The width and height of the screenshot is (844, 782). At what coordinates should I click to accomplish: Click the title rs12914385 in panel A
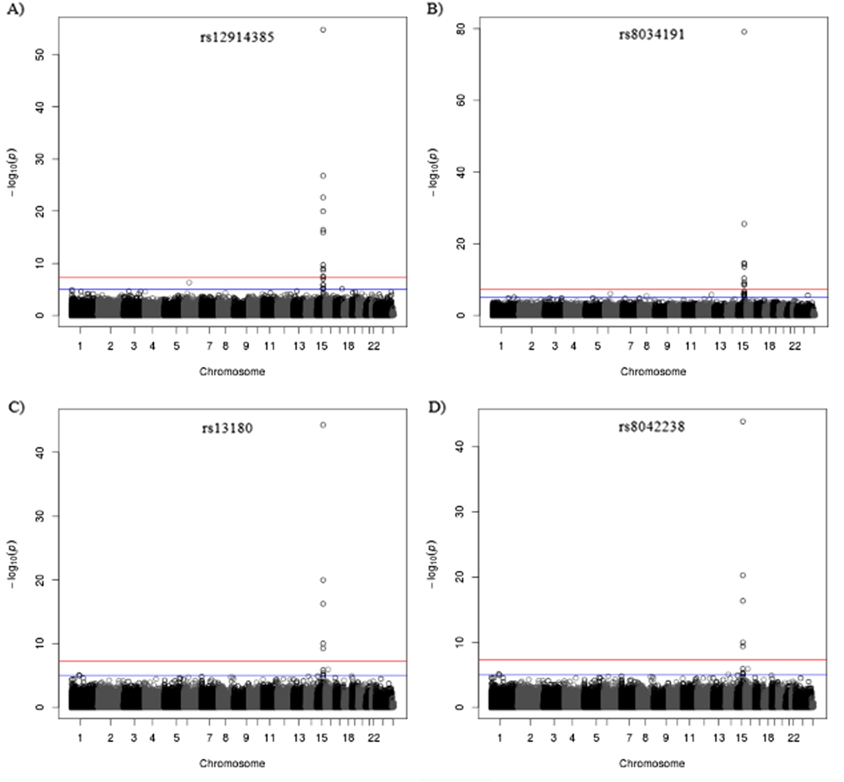237,37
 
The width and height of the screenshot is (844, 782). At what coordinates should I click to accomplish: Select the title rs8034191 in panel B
651,35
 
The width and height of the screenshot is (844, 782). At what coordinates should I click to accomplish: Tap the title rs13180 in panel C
228,428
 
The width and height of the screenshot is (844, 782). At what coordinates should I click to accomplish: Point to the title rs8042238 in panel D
651,427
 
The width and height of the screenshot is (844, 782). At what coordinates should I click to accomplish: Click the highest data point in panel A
323,30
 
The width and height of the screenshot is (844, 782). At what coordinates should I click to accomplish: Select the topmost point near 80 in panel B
744,32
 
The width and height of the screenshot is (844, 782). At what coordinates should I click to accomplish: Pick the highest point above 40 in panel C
323,425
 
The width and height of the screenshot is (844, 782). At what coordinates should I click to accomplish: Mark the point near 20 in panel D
743,575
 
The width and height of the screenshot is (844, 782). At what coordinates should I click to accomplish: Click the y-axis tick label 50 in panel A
40,54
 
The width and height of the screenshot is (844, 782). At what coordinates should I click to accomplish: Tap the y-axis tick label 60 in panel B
462,100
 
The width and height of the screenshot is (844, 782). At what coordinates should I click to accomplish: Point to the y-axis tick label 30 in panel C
40,516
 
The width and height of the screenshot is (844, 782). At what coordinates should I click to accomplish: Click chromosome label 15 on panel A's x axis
321,346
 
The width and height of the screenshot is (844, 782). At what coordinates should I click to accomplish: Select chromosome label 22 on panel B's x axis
795,346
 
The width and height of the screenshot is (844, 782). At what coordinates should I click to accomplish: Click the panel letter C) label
16,407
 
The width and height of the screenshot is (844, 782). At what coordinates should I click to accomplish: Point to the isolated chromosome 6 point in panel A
189,283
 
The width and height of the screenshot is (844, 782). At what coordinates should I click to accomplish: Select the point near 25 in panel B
744,224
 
